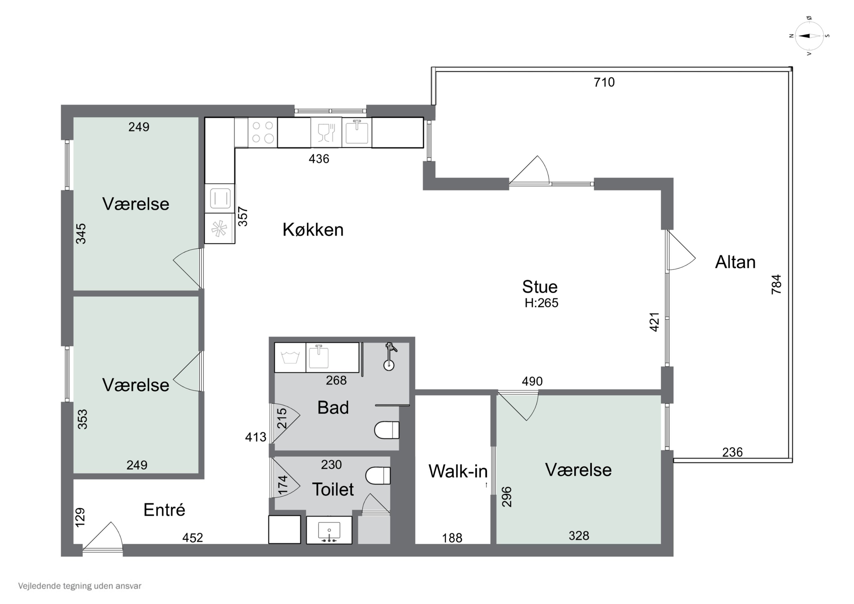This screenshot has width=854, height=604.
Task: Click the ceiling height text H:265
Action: (x=541, y=303)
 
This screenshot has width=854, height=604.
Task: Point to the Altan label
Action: (x=735, y=262)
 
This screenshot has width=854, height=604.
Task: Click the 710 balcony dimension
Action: (x=604, y=82)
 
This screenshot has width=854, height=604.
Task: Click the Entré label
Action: (x=164, y=509)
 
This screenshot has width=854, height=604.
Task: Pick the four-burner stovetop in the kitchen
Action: (x=262, y=132)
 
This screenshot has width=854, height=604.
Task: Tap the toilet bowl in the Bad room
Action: (x=387, y=430)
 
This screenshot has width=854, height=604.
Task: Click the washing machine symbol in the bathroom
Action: (x=290, y=358)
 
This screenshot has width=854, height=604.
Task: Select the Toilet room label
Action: (x=333, y=489)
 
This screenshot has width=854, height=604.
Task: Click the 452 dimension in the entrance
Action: (x=193, y=537)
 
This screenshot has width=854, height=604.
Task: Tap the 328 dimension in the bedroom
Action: (x=579, y=536)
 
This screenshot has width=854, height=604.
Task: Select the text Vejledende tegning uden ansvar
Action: (x=80, y=586)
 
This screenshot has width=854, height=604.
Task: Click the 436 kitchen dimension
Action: (x=319, y=159)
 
